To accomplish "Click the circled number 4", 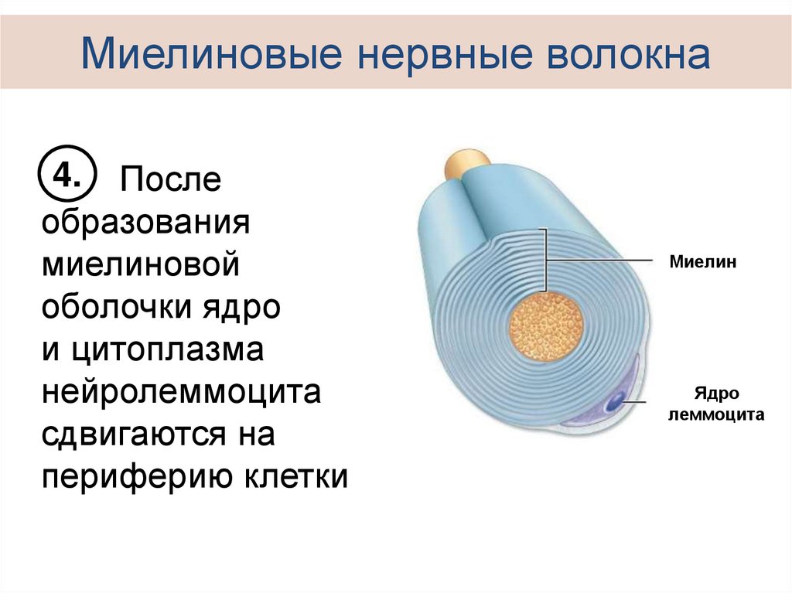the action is [65, 177].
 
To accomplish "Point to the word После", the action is [169, 181].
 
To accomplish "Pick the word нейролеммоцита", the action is [181, 392].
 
